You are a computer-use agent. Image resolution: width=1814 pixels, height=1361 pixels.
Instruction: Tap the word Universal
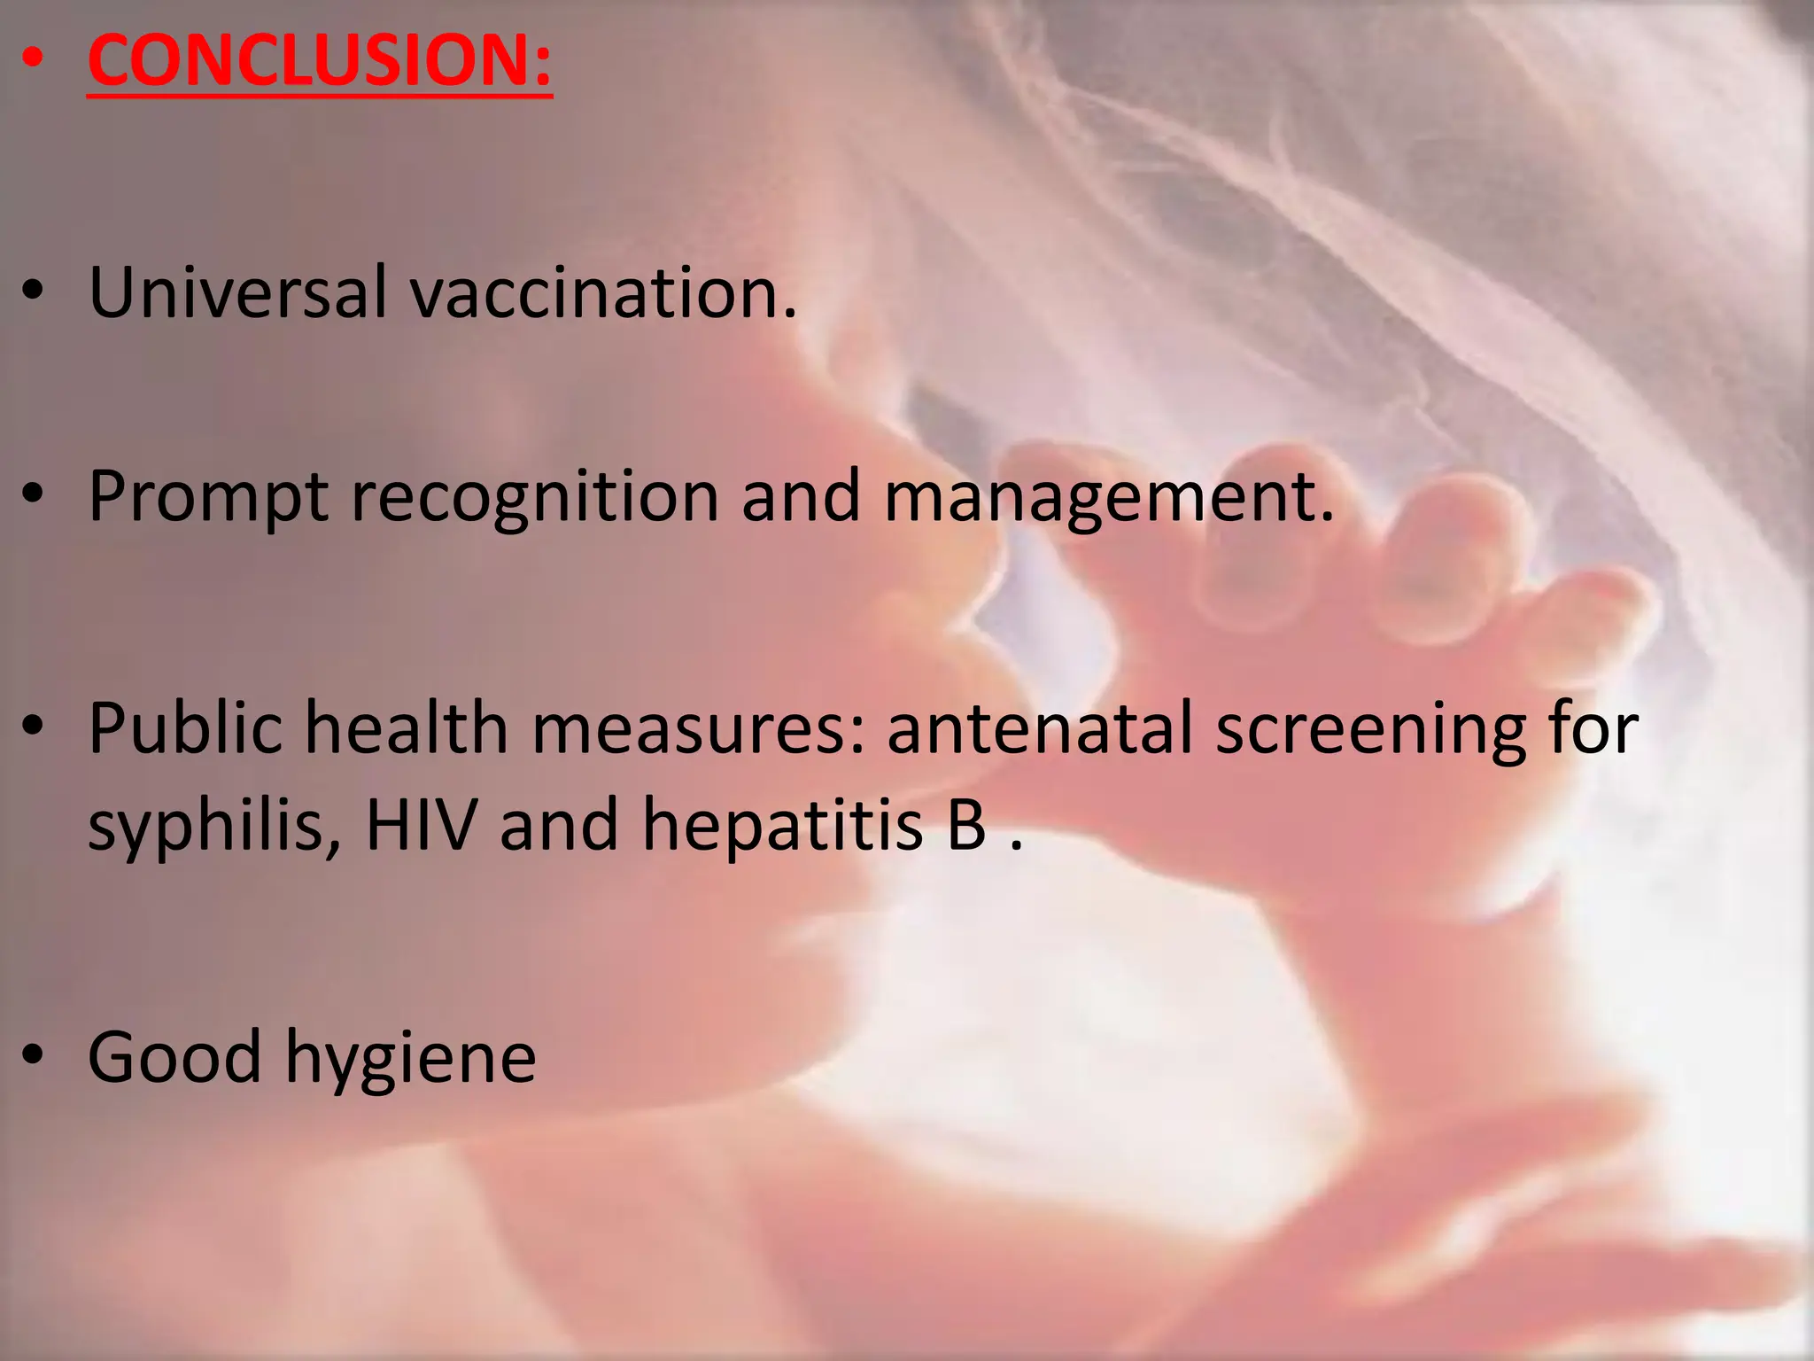point(237,292)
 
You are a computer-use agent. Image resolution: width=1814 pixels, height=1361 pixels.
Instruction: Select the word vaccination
point(602,292)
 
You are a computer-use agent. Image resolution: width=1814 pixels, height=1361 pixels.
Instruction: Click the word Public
point(184,728)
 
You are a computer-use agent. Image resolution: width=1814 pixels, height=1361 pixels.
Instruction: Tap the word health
point(407,728)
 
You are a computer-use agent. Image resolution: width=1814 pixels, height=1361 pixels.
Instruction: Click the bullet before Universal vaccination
point(33,292)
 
